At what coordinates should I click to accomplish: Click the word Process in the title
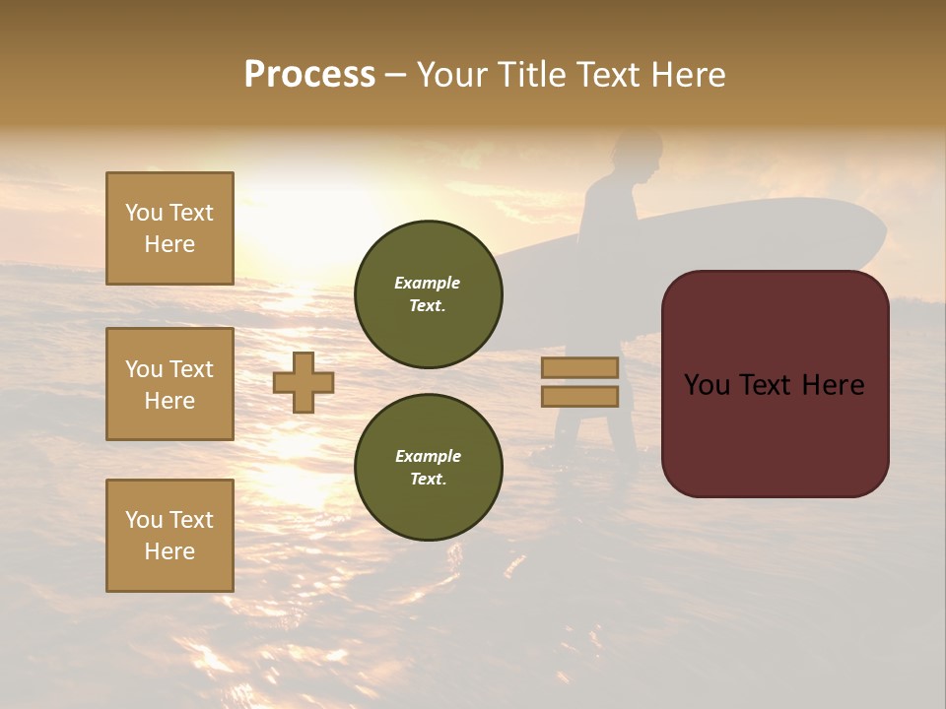(309, 74)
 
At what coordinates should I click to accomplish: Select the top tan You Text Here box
(169, 228)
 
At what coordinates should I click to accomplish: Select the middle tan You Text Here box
(169, 384)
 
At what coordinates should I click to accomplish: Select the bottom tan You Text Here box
(169, 536)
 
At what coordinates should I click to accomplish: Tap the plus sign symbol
(304, 382)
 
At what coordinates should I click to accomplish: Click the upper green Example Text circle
(429, 294)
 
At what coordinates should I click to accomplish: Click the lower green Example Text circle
(429, 468)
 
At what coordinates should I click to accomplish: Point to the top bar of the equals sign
(579, 367)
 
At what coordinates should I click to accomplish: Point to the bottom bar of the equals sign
(579, 396)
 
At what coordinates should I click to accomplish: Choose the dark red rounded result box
(775, 384)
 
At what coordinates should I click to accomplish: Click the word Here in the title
(687, 74)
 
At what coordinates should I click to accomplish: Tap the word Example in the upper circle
(428, 283)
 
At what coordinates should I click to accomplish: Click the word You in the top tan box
(143, 213)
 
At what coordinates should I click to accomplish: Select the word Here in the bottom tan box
(169, 551)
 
